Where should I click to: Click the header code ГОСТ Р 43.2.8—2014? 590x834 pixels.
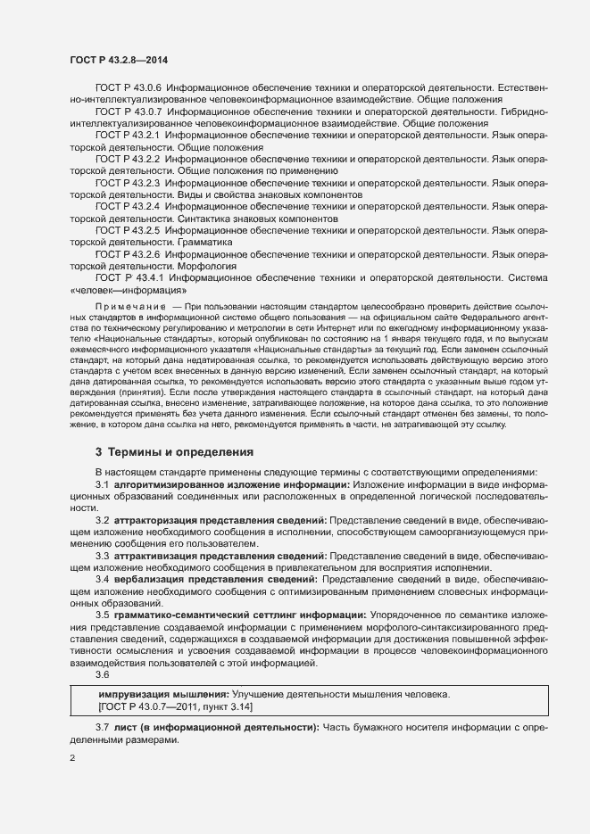click(119, 60)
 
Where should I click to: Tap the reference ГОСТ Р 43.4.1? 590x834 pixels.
click(129, 277)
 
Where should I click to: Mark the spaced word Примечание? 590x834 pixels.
click(130, 307)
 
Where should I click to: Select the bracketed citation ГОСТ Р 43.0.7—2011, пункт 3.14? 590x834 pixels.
click(175, 706)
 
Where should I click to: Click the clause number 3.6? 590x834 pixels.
click(103, 674)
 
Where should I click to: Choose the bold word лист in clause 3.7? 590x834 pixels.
click(124, 729)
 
